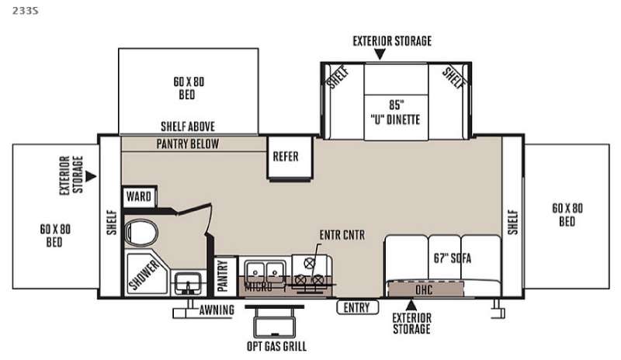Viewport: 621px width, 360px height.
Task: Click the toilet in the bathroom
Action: point(141,232)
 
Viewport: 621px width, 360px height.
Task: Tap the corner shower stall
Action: point(147,273)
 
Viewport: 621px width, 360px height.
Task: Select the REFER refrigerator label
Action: point(286,157)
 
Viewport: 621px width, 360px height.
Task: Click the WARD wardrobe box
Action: point(139,196)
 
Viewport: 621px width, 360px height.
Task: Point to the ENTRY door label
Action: point(357,307)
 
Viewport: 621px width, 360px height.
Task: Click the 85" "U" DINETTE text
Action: point(396,112)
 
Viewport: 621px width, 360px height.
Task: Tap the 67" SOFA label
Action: point(453,258)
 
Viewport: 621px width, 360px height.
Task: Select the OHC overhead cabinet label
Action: point(424,290)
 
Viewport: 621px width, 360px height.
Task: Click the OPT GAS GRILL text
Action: point(277,346)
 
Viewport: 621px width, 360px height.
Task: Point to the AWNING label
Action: point(217,310)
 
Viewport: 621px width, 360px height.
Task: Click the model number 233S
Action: point(26,11)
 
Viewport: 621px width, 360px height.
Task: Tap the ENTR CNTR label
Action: point(342,235)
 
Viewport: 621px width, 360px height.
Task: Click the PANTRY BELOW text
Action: point(188,144)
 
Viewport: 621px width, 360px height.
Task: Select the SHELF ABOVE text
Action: point(188,126)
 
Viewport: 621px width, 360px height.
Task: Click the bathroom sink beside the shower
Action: point(189,283)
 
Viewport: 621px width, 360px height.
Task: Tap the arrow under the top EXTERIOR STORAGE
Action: point(380,54)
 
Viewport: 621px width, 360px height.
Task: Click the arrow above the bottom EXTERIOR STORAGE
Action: point(411,305)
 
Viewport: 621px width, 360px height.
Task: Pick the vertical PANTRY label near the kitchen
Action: point(223,275)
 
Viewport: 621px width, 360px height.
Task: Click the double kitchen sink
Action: point(265,272)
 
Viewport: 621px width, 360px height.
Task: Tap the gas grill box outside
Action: point(275,326)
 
